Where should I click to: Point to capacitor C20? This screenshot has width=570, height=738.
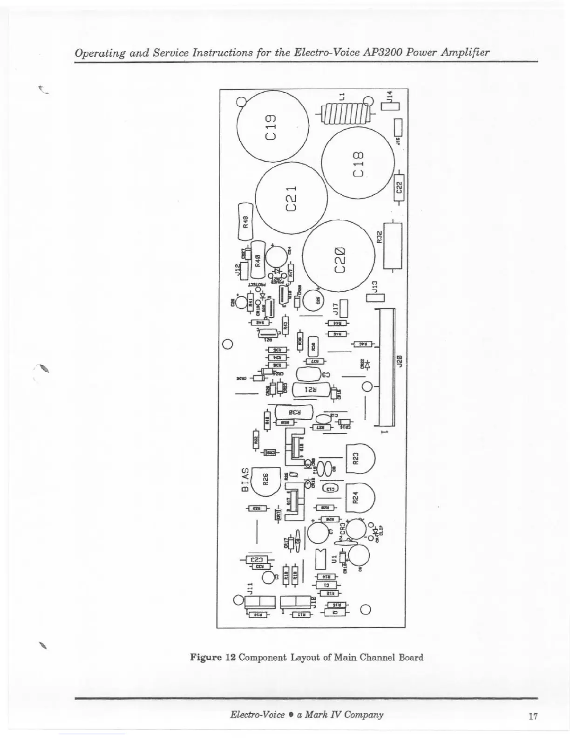339,259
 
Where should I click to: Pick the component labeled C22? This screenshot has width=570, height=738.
399,187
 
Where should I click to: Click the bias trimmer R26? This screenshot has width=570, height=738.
265,479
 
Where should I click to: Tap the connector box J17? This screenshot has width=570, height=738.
344,307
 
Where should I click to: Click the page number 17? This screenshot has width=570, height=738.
533,716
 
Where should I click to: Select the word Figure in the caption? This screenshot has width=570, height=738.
206,657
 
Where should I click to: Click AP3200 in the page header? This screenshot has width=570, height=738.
383,52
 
